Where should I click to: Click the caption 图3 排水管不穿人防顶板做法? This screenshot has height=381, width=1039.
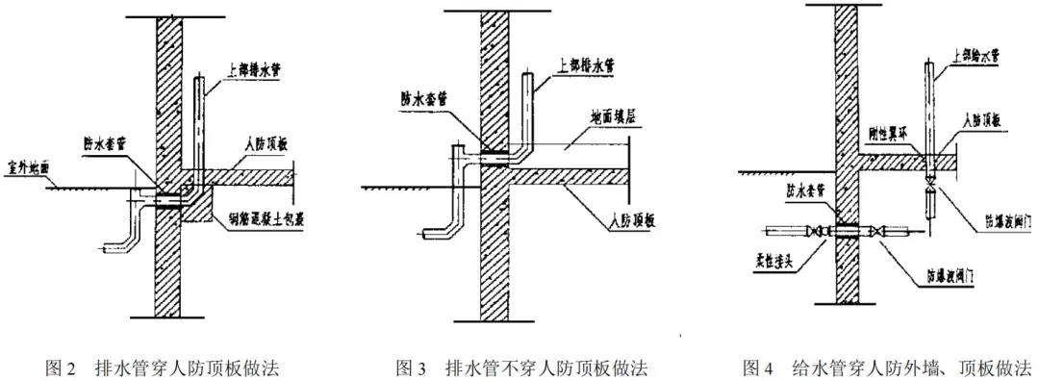point(522,368)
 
